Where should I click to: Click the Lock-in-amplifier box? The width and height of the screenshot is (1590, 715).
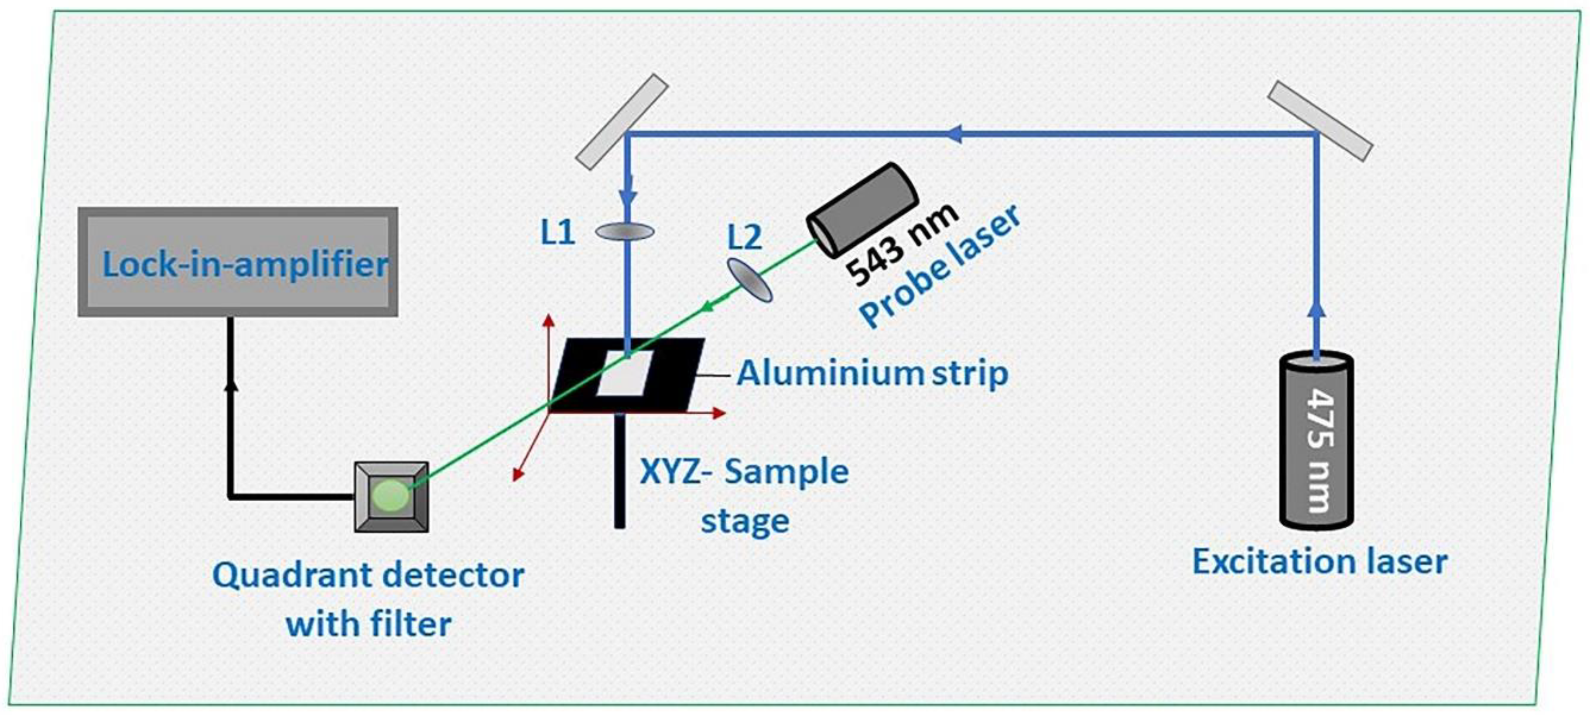tap(238, 262)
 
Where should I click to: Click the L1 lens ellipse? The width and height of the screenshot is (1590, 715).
tap(625, 231)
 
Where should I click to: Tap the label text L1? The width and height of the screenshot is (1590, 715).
tap(557, 233)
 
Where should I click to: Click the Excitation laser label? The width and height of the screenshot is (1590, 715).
tap(1320, 562)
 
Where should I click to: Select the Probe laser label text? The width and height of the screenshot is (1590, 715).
tap(938, 267)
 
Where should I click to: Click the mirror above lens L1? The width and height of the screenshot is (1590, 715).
tap(622, 122)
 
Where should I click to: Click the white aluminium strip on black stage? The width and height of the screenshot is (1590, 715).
tap(624, 374)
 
